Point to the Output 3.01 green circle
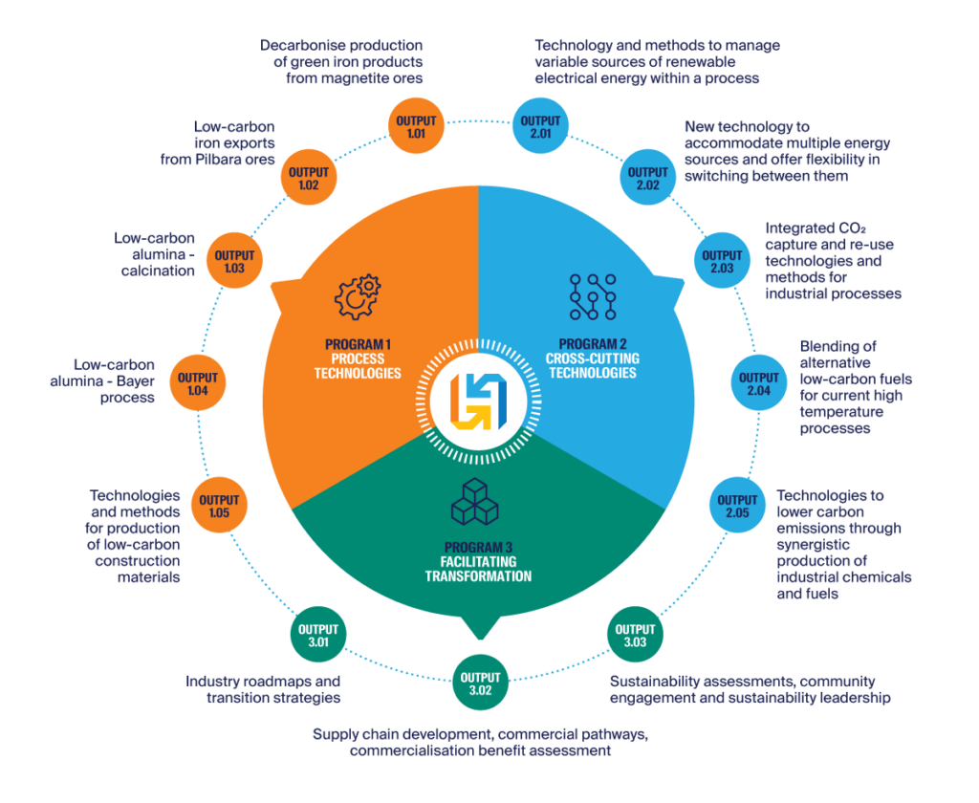tap(317, 636)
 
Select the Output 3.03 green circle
tap(636, 636)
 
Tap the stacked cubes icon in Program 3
tap(477, 505)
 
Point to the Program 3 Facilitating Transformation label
tap(478, 562)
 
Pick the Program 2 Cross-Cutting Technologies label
tap(597, 358)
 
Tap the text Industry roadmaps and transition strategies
tap(263, 690)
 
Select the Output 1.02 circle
tap(308, 179)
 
